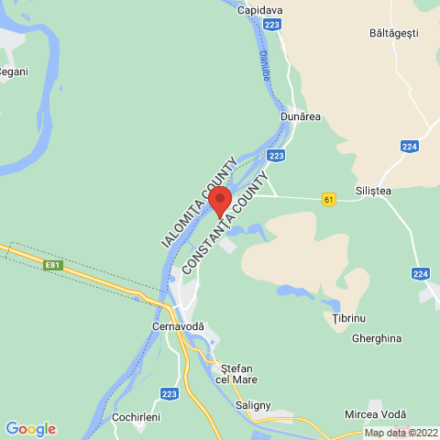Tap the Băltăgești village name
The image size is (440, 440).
click(393, 33)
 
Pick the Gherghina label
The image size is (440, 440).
click(377, 337)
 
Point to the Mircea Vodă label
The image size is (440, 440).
click(379, 415)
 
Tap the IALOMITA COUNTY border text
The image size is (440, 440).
click(198, 203)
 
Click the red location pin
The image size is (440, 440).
click(219, 198)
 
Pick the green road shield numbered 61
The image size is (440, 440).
click(329, 198)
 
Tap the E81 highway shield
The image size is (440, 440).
click(54, 265)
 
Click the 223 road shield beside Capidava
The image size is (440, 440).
click(271, 25)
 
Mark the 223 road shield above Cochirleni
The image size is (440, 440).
click(168, 393)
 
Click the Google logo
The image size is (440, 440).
click(30, 428)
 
